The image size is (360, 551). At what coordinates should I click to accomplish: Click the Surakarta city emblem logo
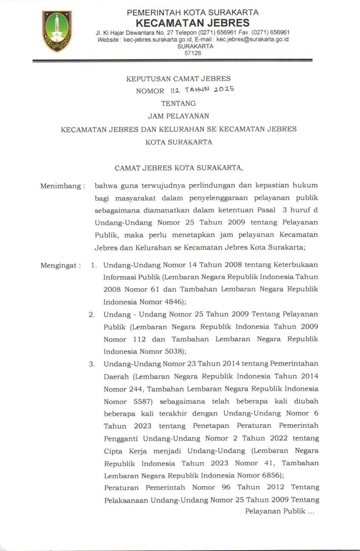tap(57, 31)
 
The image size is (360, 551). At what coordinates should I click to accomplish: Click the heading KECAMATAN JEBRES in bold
tap(193, 23)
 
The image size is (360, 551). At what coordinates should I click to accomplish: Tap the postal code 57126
tap(193, 53)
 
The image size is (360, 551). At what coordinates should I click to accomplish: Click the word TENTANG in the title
tap(179, 103)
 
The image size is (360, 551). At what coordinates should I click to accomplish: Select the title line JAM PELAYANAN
tap(179, 116)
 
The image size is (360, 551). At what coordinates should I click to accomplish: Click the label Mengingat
tap(61, 266)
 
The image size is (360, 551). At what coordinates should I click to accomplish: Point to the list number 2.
tap(91, 315)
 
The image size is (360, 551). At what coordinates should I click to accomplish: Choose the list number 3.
tap(91, 364)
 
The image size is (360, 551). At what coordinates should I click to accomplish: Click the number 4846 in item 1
tap(173, 302)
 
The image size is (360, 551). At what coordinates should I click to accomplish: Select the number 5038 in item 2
tap(173, 352)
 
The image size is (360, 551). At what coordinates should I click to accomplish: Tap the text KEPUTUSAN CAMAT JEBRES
tap(179, 79)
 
